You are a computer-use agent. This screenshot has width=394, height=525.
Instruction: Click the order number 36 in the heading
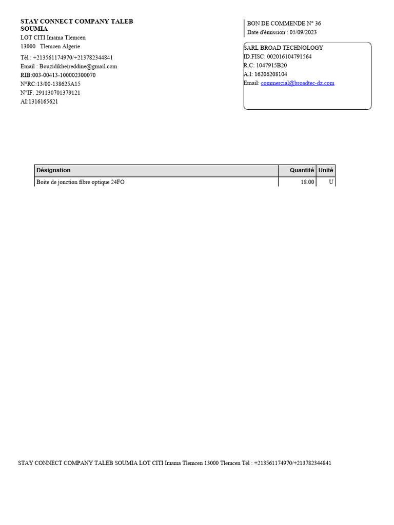318,24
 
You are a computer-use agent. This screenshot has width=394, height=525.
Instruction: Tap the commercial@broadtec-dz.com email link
298,83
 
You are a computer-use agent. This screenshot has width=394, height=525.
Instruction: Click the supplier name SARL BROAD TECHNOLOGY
283,48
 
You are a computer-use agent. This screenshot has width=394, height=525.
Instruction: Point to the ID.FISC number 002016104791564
289,57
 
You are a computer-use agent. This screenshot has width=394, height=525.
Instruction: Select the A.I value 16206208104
272,74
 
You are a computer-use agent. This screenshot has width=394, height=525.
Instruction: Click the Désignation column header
53,170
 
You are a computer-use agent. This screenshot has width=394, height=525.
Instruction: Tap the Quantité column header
302,170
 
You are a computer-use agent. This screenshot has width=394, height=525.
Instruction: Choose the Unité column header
326,170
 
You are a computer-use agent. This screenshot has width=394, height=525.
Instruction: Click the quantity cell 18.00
307,183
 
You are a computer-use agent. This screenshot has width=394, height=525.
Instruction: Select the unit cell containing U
331,183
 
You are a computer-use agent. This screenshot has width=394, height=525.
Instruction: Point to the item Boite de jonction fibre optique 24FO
81,183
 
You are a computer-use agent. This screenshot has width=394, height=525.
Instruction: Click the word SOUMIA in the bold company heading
34,29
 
